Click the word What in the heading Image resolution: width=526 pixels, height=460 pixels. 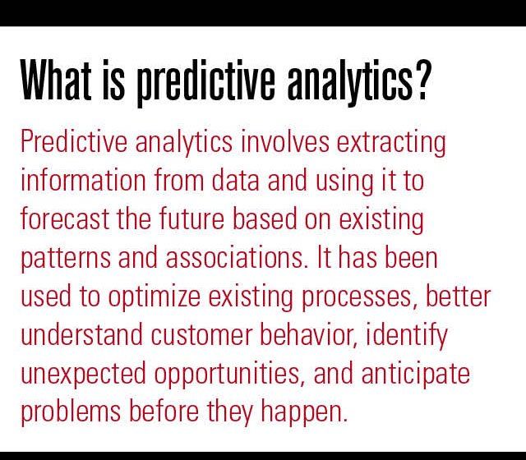(x=56, y=80)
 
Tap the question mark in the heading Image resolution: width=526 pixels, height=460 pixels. (x=421, y=80)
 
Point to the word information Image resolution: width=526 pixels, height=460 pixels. (x=84, y=180)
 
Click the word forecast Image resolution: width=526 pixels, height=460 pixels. (x=65, y=218)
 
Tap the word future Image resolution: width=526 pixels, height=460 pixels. (x=191, y=218)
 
